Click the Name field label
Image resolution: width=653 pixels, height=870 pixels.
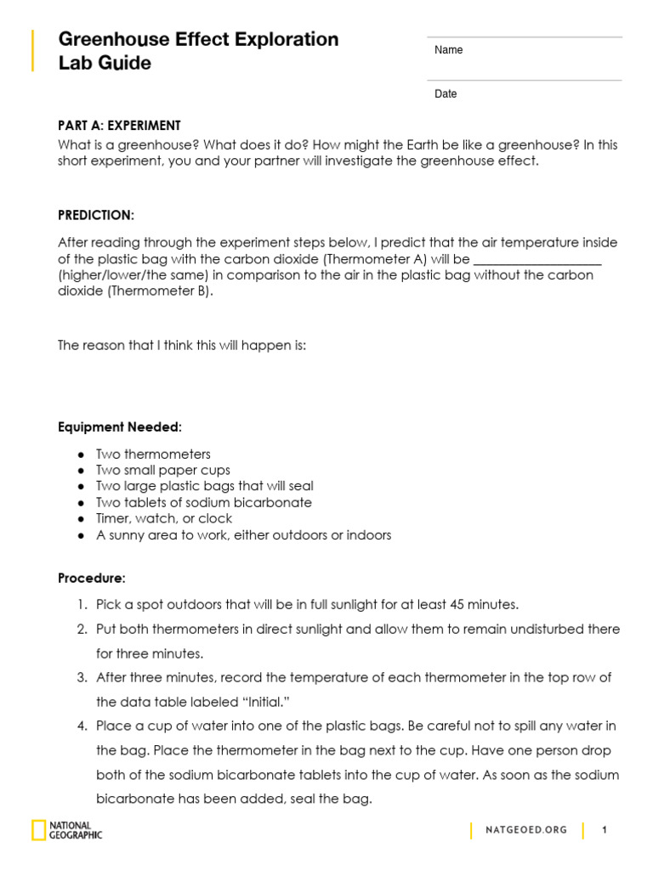pyautogui.click(x=448, y=50)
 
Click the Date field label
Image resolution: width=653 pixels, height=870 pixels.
pyautogui.click(x=446, y=94)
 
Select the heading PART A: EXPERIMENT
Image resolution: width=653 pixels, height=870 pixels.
pyautogui.click(x=119, y=126)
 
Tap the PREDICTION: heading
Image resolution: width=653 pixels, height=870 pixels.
pyautogui.click(x=96, y=215)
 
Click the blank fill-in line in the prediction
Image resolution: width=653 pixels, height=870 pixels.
pyautogui.click(x=537, y=260)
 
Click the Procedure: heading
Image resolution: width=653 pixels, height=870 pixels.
pyautogui.click(x=92, y=579)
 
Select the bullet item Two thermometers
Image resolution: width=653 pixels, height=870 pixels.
pyautogui.click(x=153, y=455)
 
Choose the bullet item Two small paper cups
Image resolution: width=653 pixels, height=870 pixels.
pyautogui.click(x=163, y=471)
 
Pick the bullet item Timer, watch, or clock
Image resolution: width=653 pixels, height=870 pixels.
pyautogui.click(x=164, y=519)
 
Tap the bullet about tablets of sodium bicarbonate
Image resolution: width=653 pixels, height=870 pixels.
pyautogui.click(x=204, y=503)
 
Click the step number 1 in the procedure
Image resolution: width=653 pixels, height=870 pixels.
pyautogui.click(x=82, y=605)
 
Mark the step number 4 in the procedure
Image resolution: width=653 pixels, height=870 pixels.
pyautogui.click(x=82, y=726)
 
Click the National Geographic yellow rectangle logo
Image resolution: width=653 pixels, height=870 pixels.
pyautogui.click(x=39, y=830)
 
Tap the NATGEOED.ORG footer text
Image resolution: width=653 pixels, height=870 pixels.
pyautogui.click(x=526, y=830)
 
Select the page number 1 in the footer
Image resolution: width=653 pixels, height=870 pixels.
pyautogui.click(x=605, y=830)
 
